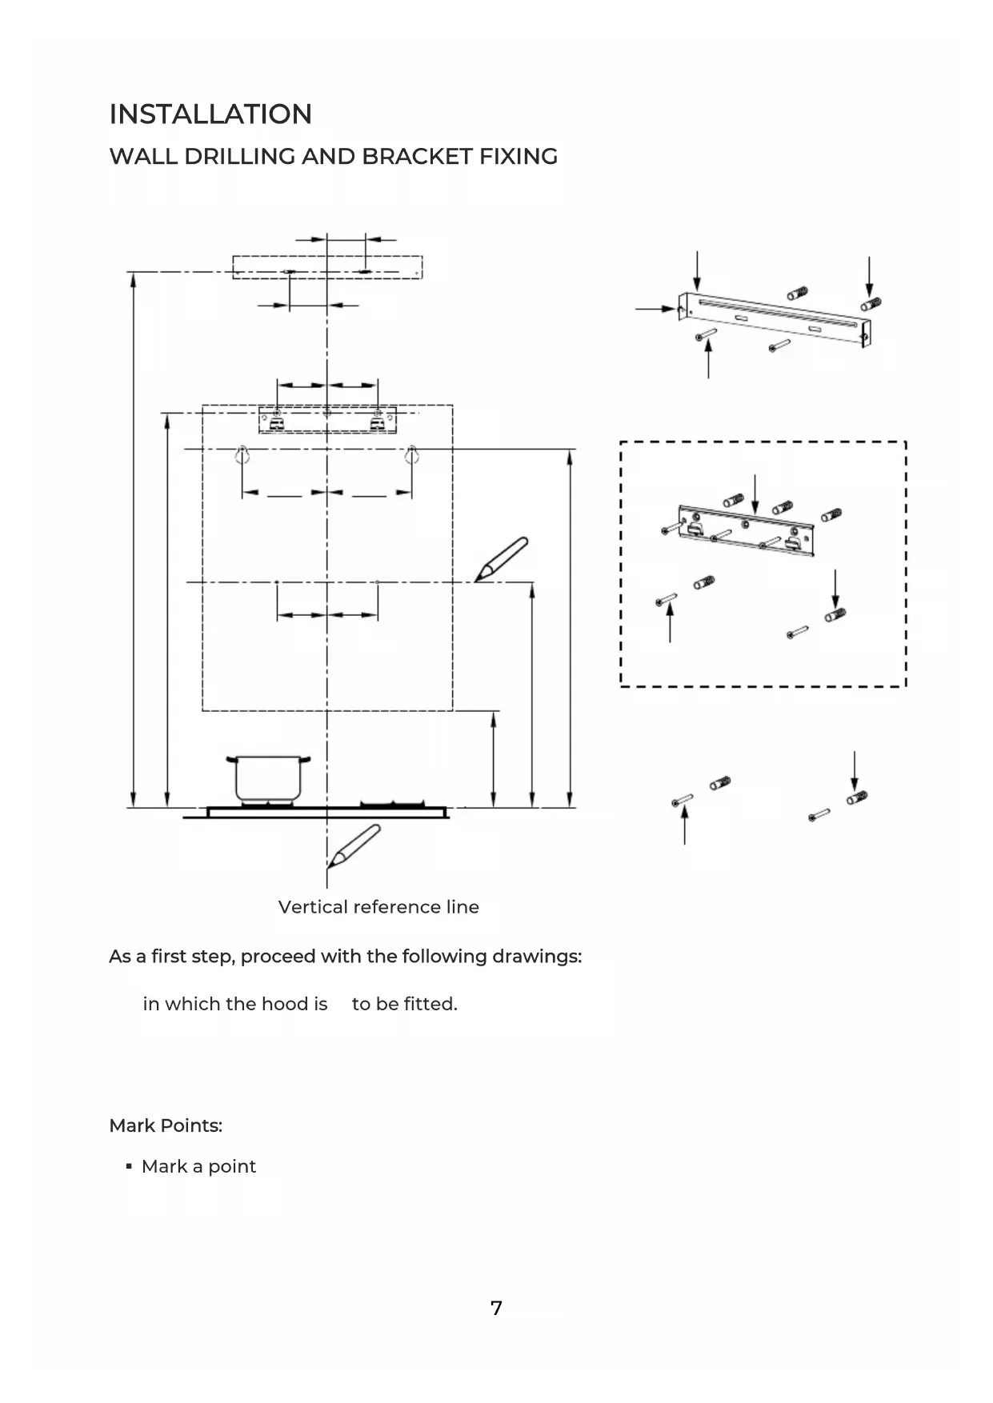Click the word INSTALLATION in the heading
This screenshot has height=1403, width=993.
(x=210, y=114)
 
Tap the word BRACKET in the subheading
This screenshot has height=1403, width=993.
(x=417, y=156)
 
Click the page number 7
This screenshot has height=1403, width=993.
(x=496, y=1308)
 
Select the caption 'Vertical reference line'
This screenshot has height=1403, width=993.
(x=378, y=907)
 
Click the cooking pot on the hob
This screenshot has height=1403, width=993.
(x=268, y=778)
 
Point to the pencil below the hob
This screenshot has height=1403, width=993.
(x=354, y=846)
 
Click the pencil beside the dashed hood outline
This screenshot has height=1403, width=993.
(x=501, y=559)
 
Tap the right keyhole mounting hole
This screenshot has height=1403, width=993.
(x=411, y=455)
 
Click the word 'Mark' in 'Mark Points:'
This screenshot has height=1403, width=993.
(x=132, y=1125)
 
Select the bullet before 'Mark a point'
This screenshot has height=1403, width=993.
(x=129, y=1167)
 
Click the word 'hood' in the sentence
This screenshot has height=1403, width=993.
(x=285, y=1004)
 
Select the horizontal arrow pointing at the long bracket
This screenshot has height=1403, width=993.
(x=655, y=308)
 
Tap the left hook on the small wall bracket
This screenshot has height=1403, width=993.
(x=276, y=422)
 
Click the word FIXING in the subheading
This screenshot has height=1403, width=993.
(x=519, y=156)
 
